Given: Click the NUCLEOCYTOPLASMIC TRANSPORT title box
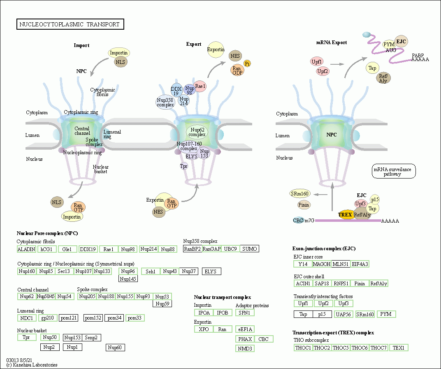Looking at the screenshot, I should click(70, 24).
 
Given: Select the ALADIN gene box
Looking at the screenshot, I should click(26, 249).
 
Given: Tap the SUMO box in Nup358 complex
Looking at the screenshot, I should click(250, 249).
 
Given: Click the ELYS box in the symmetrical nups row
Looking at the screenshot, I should click(212, 271).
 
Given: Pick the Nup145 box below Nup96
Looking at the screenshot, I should click(128, 279).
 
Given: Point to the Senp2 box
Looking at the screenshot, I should click(91, 338).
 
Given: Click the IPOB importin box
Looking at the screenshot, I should click(223, 313).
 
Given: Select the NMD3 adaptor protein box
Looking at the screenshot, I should click(245, 349).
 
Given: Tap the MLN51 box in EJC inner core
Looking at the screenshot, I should click(341, 264).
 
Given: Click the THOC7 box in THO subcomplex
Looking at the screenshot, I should click(379, 348).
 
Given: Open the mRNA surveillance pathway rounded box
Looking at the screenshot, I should click(393, 172).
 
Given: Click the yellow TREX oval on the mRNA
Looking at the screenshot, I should click(345, 215).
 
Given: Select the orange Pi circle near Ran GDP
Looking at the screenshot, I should click(247, 63).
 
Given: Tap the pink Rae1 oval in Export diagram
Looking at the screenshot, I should click(200, 86).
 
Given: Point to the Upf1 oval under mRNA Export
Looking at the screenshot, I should click(316, 62).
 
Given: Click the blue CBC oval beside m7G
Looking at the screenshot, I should click(298, 221).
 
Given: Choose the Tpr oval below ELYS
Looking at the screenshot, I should click(184, 166).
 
